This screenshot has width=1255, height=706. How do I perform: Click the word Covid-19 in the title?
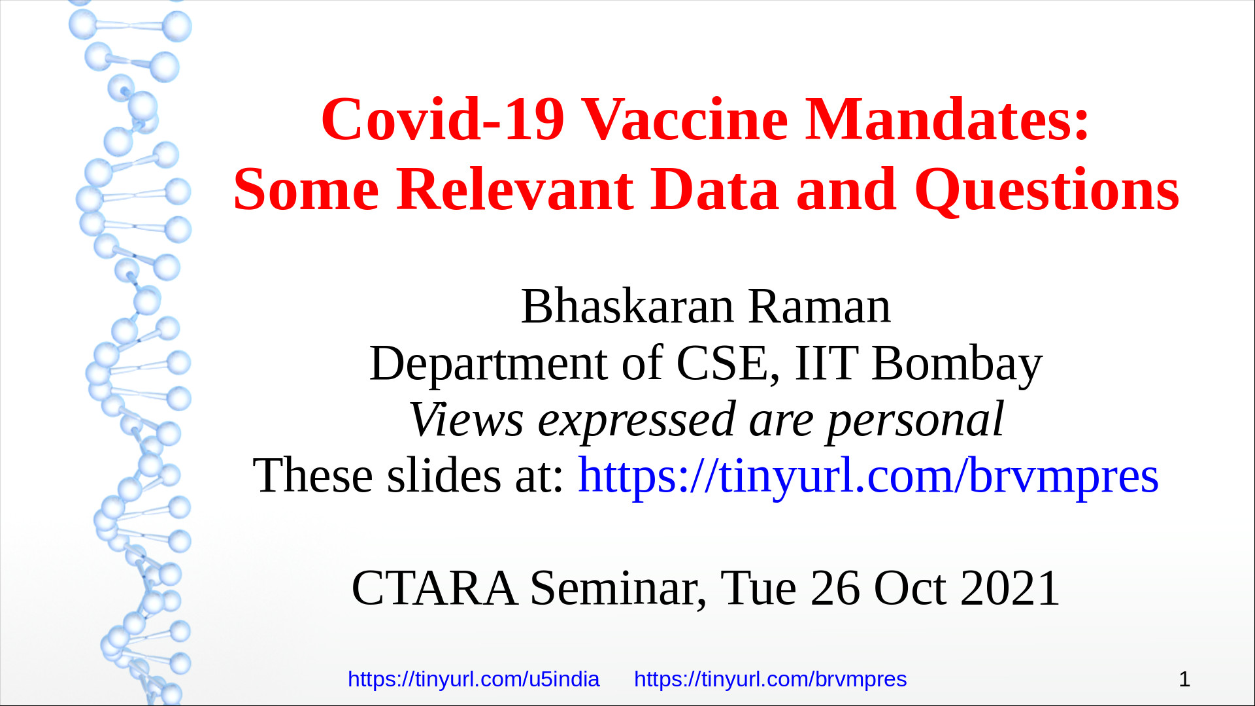(443, 119)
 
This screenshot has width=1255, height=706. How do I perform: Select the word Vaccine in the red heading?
(684, 119)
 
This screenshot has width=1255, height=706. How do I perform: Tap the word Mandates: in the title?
(947, 119)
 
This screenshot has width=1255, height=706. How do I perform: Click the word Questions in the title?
(1047, 190)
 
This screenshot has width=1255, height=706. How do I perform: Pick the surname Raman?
(819, 307)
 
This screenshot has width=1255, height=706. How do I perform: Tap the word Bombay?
(957, 365)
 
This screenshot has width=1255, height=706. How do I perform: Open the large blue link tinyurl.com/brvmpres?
(868, 477)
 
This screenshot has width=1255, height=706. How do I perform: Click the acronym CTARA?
(435, 588)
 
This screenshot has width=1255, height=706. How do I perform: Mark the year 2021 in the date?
(1010, 588)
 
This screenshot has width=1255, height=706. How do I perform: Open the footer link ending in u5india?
(473, 679)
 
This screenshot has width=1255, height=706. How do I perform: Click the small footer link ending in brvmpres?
(770, 679)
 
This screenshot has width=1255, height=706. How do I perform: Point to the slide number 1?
(1184, 679)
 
